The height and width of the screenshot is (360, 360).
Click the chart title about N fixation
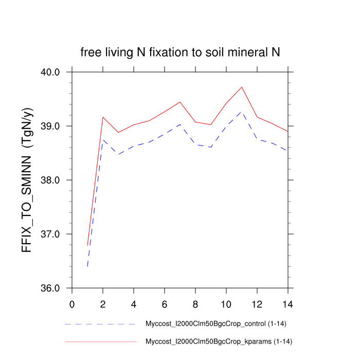(x=180, y=52)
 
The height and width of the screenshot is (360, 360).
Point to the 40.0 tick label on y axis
(x=51, y=72)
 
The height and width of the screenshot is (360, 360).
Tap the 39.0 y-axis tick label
(x=51, y=126)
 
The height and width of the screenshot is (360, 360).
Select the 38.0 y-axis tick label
(x=51, y=180)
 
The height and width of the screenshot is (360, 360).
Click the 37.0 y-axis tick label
(x=51, y=234)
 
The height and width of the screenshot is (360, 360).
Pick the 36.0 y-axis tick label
(x=51, y=288)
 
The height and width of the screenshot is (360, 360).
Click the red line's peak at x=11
(x=242, y=87)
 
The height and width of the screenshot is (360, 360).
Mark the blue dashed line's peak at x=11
(x=242, y=112)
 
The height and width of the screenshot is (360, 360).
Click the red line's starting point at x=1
(x=87, y=245)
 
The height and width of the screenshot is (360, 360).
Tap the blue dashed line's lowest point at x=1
(x=87, y=266)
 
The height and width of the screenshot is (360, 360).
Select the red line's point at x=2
(x=103, y=117)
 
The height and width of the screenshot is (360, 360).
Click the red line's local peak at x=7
(x=180, y=102)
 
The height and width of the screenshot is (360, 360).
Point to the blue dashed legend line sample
(x=100, y=325)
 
